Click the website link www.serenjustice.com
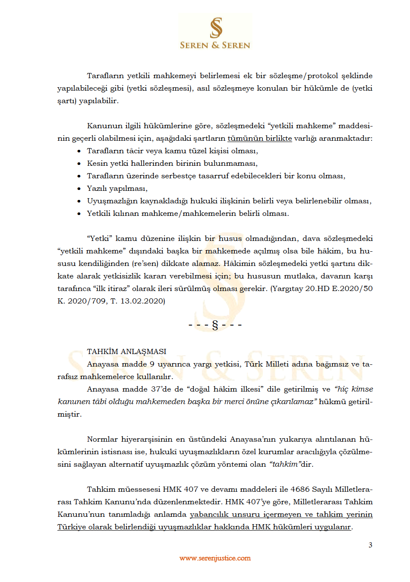pyautogui.click(x=215, y=558)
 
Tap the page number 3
pyautogui.click(x=370, y=545)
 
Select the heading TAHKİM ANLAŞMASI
pyautogui.click(x=126, y=351)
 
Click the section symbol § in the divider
pyautogui.click(x=215, y=325)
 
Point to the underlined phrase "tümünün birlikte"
pyautogui.click(x=259, y=138)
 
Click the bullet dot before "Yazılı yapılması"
pyautogui.click(x=79, y=189)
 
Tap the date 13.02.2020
pyautogui.click(x=142, y=301)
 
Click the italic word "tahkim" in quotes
pyautogui.click(x=285, y=464)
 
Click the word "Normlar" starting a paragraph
pyautogui.click(x=102, y=439)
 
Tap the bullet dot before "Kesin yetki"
pyautogui.click(x=79, y=164)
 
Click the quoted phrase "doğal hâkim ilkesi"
pyautogui.click(x=224, y=389)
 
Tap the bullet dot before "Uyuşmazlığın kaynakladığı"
pyautogui.click(x=79, y=201)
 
